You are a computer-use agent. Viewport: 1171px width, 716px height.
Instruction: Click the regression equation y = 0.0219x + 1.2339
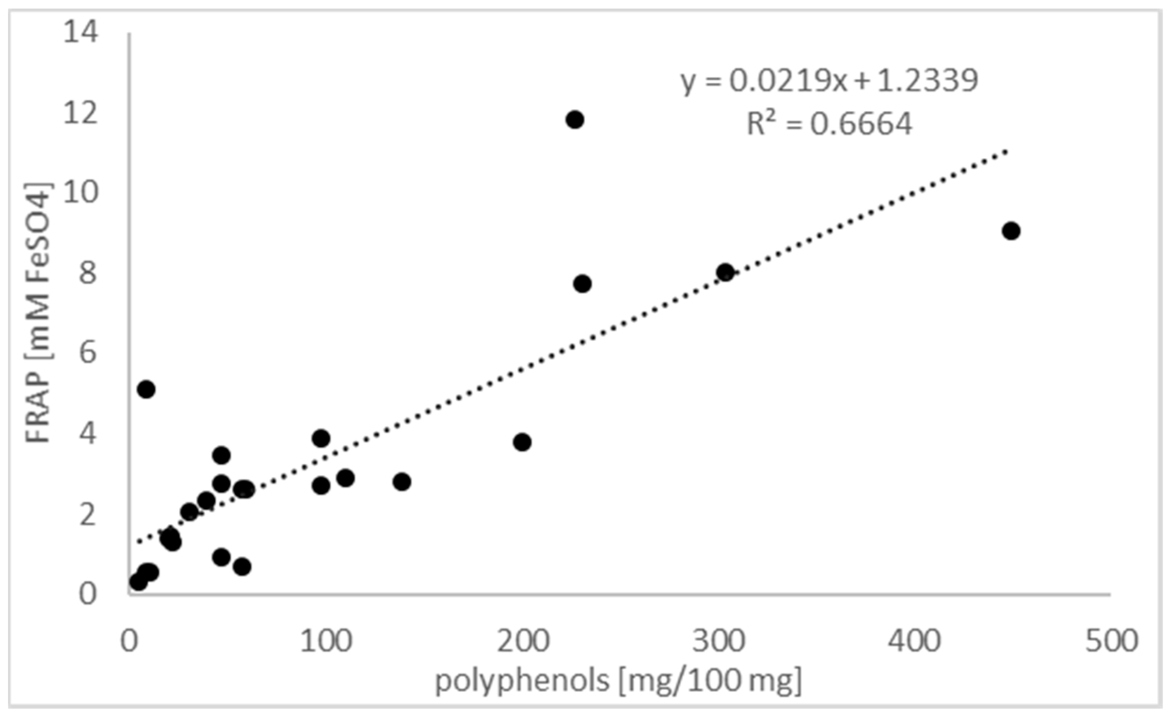pos(829,81)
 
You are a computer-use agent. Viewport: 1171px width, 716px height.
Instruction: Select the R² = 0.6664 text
pos(829,125)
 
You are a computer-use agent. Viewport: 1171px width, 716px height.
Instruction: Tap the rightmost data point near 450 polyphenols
pos(1011,231)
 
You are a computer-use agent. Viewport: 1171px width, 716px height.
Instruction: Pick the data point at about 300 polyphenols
pos(725,272)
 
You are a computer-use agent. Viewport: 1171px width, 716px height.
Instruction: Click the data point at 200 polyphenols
pos(522,442)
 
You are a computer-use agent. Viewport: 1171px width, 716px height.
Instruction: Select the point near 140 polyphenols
pos(402,482)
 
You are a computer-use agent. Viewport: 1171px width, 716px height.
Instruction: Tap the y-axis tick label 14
pos(81,32)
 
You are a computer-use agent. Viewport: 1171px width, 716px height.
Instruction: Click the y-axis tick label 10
pos(81,192)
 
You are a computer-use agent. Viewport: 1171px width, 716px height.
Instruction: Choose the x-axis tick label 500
pos(1111,641)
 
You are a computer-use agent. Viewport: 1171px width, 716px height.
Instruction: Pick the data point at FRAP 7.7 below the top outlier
pos(582,284)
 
